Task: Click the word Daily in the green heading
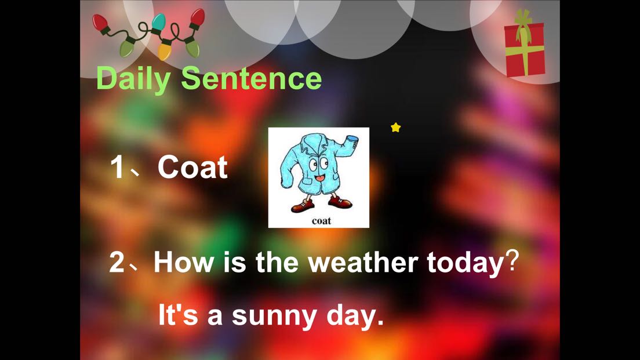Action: pos(133,79)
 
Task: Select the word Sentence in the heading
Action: pos(252,78)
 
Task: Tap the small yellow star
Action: pos(395,128)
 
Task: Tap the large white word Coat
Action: pos(192,167)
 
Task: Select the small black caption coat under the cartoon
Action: pos(321,221)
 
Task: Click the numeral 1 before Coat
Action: pos(117,167)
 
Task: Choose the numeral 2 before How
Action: pos(117,262)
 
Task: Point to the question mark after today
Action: pos(512,261)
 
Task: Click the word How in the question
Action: pos(184,261)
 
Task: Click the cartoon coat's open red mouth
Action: pos(320,179)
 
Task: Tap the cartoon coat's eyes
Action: pos(318,164)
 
